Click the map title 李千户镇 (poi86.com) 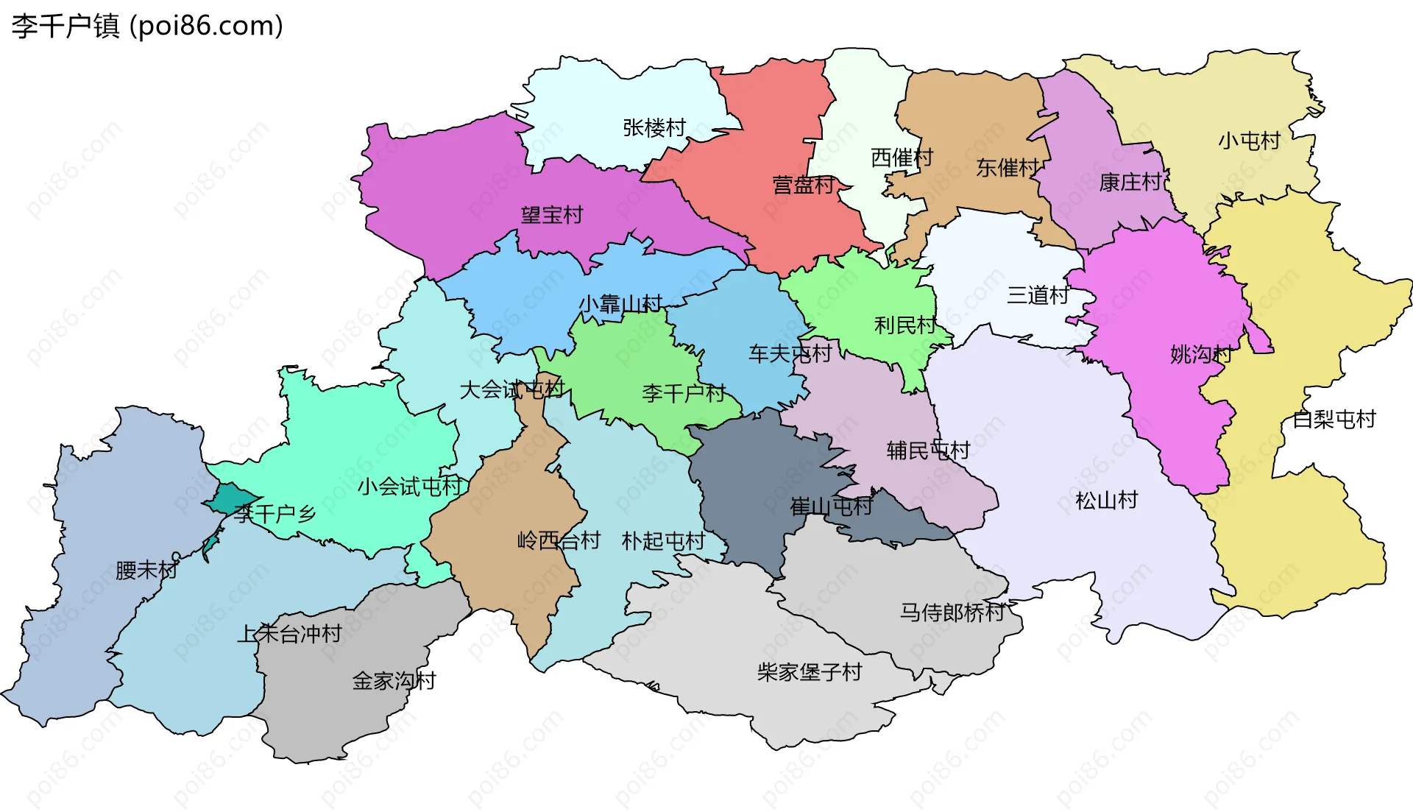[x=147, y=27]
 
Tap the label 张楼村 [x=654, y=128]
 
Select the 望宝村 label [x=552, y=215]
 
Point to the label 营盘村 [x=803, y=185]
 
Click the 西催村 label [x=902, y=158]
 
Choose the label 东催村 [x=1007, y=168]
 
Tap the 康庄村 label [x=1130, y=182]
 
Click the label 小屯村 [x=1249, y=141]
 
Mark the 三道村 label [x=1038, y=295]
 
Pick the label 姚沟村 [x=1201, y=354]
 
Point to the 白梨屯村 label [x=1334, y=420]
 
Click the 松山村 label [x=1106, y=501]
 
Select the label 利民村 [x=904, y=325]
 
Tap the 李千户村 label [x=684, y=393]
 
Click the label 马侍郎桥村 [x=952, y=612]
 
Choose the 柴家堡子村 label [x=809, y=672]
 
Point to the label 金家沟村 [x=394, y=680]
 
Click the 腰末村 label [x=146, y=570]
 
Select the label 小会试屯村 [x=409, y=487]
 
